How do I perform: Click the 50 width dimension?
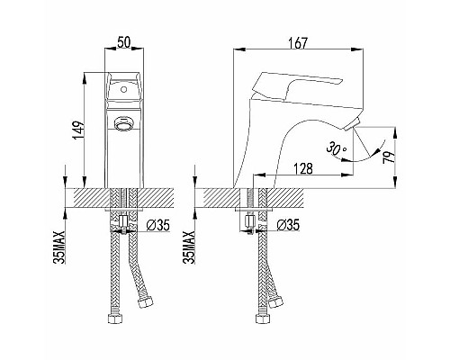(124, 42)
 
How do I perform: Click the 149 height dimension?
(77, 130)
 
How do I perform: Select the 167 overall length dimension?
(298, 43)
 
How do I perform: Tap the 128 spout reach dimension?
(302, 168)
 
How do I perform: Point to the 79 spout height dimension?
(389, 157)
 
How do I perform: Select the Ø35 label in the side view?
(288, 225)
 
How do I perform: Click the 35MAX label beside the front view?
(60, 247)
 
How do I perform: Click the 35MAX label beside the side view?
(189, 247)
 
